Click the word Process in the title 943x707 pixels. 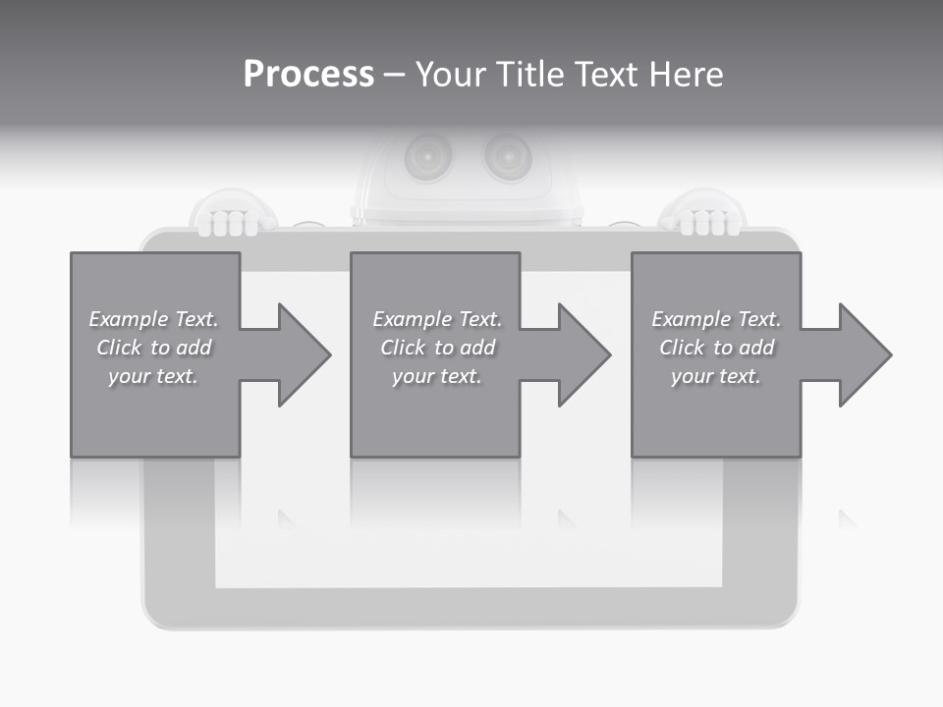coord(308,75)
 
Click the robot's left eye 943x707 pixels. coord(429,154)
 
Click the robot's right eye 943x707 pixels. coord(507,154)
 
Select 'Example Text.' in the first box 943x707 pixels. coord(153,319)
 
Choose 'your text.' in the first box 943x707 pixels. coord(153,376)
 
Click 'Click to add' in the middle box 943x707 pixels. coord(437,348)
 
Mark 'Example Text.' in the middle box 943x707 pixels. coord(437,319)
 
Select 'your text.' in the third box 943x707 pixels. coord(716,376)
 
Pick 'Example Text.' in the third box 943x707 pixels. coord(716,319)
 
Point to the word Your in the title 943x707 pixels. coord(450,75)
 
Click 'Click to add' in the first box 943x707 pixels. coord(153,348)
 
